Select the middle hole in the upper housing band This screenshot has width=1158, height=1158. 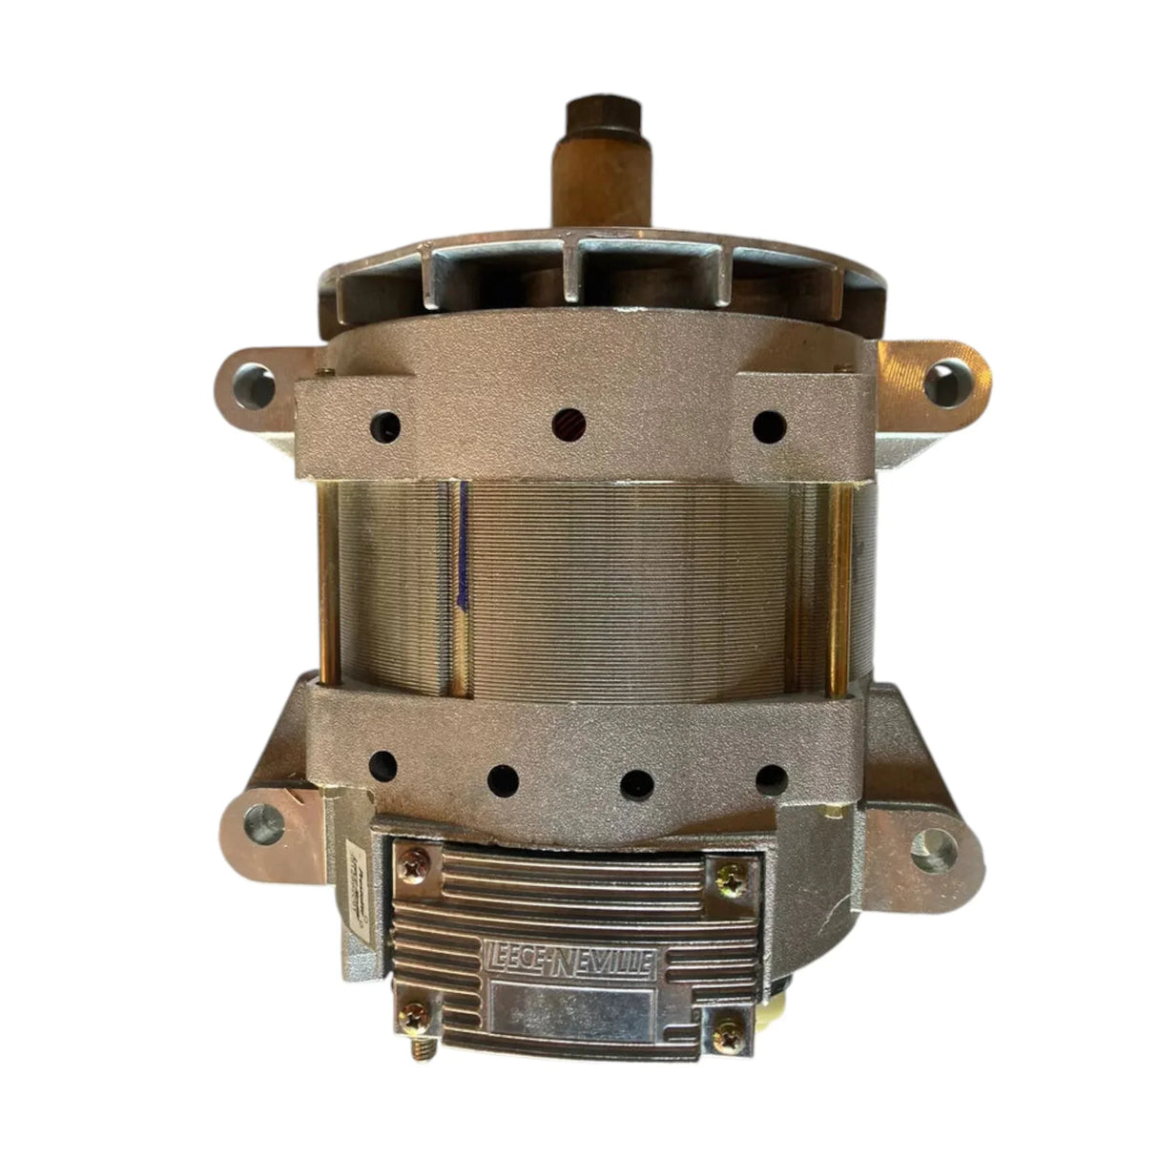tap(569, 420)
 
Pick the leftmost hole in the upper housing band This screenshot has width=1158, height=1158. tap(388, 421)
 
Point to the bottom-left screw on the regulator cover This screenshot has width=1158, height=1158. tap(416, 1013)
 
